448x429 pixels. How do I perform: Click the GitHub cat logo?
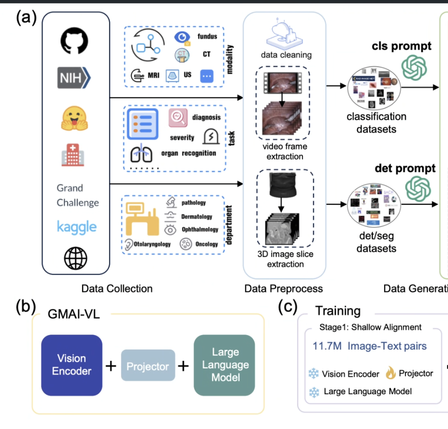[74, 41]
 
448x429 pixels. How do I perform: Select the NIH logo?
[74, 78]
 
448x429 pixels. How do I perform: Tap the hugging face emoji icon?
[74, 118]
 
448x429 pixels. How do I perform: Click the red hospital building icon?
[73, 155]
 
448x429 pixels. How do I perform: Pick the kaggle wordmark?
[77, 227]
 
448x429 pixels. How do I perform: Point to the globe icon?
[75, 258]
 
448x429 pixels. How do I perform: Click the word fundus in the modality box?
[207, 36]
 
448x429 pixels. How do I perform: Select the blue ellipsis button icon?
[207, 76]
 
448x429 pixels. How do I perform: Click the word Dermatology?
[197, 217]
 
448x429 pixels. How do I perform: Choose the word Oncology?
[207, 244]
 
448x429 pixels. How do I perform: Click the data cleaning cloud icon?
[285, 34]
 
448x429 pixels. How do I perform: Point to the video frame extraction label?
[285, 151]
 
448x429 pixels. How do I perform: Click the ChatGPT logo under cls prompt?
[414, 67]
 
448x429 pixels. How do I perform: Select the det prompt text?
[405, 168]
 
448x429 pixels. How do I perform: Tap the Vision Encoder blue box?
[72, 365]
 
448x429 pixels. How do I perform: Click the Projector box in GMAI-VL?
[148, 366]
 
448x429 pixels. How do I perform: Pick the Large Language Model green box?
[225, 365]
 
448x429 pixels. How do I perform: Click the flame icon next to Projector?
[391, 373]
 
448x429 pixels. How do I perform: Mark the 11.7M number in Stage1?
[327, 346]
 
